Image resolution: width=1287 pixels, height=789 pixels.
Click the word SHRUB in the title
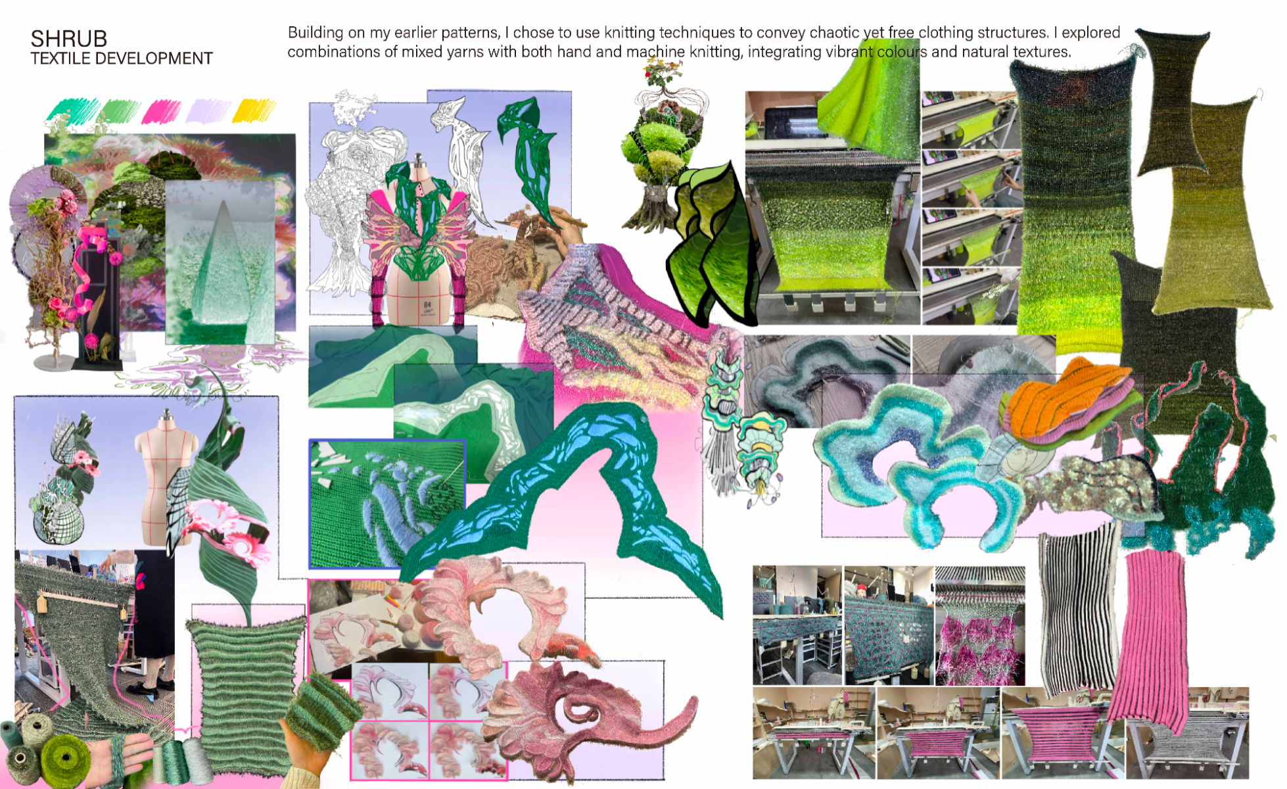pyautogui.click(x=69, y=39)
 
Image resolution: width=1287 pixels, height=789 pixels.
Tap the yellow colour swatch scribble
pyautogui.click(x=254, y=110)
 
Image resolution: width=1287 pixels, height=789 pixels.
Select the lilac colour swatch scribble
pyautogui.click(x=208, y=110)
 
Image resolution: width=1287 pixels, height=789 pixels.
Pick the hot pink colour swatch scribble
pyautogui.click(x=162, y=110)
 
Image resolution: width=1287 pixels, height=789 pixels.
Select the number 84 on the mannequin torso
pyautogui.click(x=428, y=305)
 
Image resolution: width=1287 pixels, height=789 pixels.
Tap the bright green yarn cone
pyautogui.click(x=66, y=760)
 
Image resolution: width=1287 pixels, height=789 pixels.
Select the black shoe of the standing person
pyautogui.click(x=144, y=690)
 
